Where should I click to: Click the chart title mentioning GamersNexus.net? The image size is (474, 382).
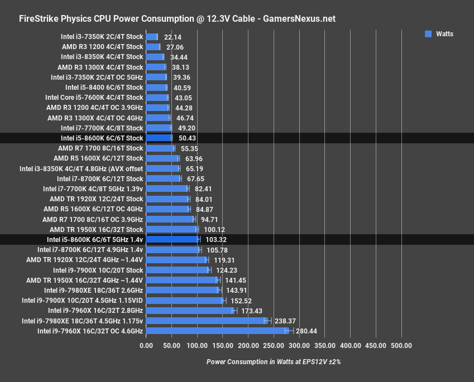point(177,18)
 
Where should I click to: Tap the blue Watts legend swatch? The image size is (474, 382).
point(428,34)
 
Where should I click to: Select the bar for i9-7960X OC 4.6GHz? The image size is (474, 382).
point(217,331)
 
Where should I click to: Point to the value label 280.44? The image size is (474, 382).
point(307,331)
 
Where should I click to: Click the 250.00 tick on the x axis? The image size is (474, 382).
point(274,346)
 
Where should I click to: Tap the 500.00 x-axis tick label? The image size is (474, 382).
point(401,346)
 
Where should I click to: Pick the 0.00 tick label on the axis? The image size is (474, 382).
point(146,346)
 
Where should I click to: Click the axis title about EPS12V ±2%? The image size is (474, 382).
point(273,361)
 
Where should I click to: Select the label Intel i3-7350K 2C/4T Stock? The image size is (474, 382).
point(102,37)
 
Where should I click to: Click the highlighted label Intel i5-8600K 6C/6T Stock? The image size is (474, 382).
point(102,138)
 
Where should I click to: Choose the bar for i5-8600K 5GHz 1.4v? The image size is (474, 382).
point(173,240)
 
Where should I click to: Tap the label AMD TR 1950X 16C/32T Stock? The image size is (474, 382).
point(96,229)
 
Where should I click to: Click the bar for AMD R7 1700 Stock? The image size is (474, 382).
point(160,148)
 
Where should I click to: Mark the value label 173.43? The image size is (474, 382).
point(251,311)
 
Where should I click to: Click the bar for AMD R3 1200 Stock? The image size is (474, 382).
point(153,47)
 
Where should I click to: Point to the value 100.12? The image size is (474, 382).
point(213,229)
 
